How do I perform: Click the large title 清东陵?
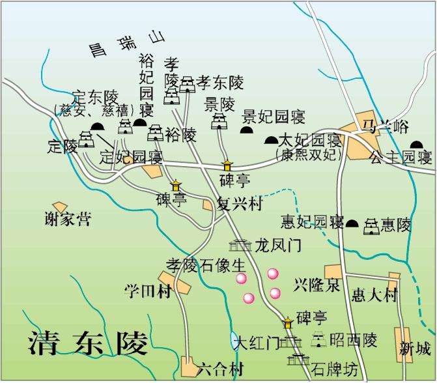coord(88,344)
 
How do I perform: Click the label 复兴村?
coord(239,204)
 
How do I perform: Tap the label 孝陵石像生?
coord(206,265)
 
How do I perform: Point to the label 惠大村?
coord(374,295)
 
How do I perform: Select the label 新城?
coord(416,349)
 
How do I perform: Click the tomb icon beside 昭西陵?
coord(319,339)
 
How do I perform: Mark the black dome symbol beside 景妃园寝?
coord(247,130)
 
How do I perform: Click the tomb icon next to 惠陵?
coord(371,225)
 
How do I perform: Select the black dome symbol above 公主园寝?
coord(417,145)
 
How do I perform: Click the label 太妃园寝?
coord(310,141)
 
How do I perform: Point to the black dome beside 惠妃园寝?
coord(352,223)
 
